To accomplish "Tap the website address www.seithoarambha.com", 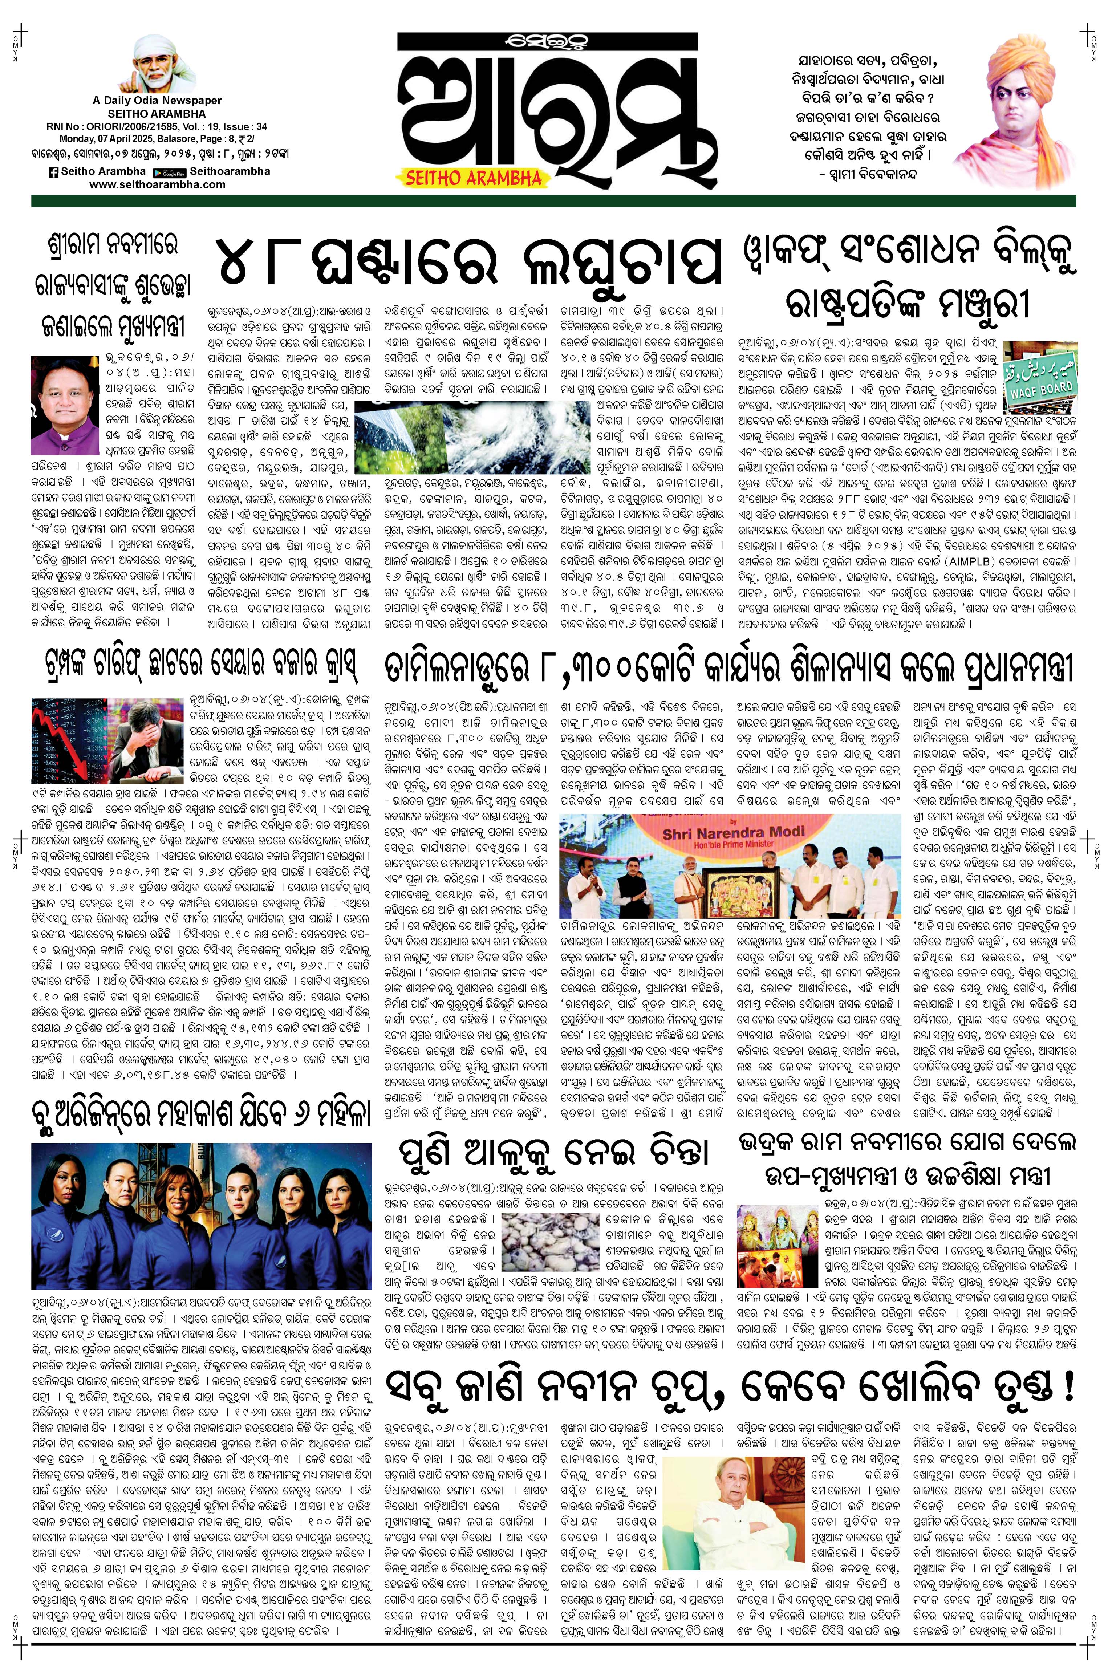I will [158, 184].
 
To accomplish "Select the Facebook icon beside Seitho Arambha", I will [53, 172].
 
